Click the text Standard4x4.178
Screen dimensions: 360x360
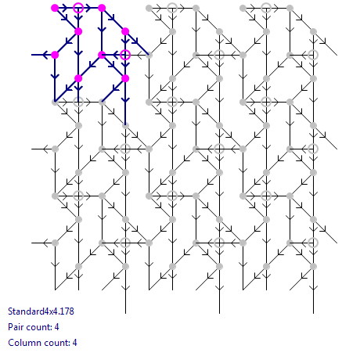[x=41, y=311]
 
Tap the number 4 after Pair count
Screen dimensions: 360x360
[x=56, y=327]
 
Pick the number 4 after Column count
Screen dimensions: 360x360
[x=74, y=343]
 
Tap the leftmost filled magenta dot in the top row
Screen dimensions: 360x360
[x=55, y=8]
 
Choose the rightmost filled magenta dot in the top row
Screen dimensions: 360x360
[x=102, y=8]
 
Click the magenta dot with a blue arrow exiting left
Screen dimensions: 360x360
[x=55, y=55]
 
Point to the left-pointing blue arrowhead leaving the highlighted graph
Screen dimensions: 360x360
[x=45, y=55]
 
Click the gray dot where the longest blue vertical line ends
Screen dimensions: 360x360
[x=125, y=125]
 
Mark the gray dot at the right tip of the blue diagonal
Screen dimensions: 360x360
[x=149, y=55]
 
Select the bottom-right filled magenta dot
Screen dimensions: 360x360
[x=125, y=78]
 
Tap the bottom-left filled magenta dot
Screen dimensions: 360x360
[x=78, y=78]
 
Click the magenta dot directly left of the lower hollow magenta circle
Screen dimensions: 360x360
[x=102, y=55]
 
